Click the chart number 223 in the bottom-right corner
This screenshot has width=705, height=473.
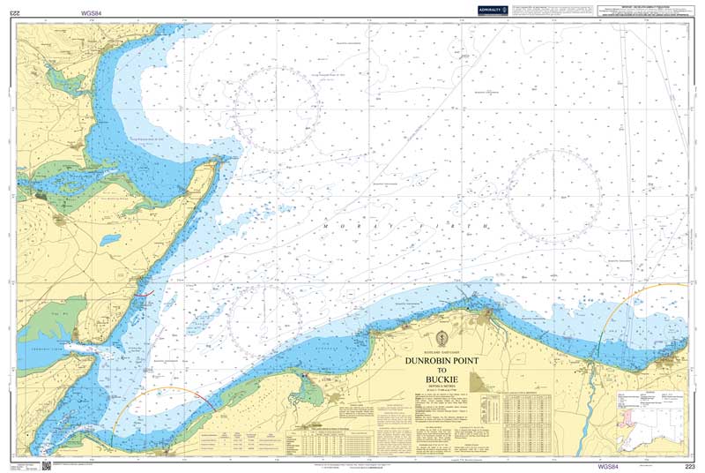tap(689, 464)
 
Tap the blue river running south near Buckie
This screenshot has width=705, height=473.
tap(584, 415)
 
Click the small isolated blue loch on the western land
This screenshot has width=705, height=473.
tap(110, 239)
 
